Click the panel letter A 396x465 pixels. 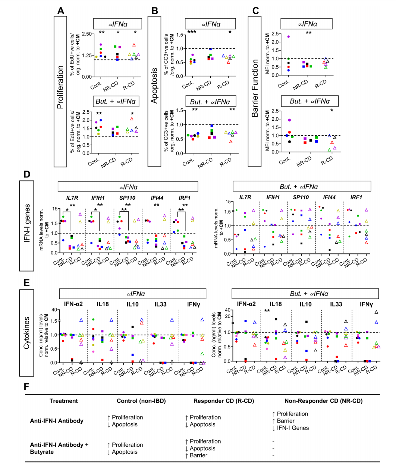(x=60, y=11)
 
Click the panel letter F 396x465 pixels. (x=26, y=387)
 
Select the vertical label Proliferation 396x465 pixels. (x=60, y=87)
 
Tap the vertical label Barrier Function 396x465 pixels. (x=255, y=88)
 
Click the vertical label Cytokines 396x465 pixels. (x=26, y=333)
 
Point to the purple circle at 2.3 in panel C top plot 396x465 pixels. (x=289, y=37)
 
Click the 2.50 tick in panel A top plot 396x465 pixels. (x=87, y=34)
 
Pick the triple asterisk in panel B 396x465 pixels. (x=192, y=32)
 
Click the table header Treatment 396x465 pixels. (x=64, y=401)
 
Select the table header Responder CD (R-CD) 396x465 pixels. (x=224, y=401)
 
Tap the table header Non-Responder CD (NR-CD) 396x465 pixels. (x=324, y=401)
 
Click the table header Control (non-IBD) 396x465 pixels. (x=141, y=401)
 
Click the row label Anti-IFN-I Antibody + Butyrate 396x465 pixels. (x=59, y=448)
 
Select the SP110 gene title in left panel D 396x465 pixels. (x=127, y=198)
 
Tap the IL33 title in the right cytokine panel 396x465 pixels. (x=336, y=304)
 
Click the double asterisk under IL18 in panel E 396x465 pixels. (x=267, y=311)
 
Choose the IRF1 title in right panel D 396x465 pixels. (x=356, y=197)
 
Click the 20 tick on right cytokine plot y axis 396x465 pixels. (x=228, y=316)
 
